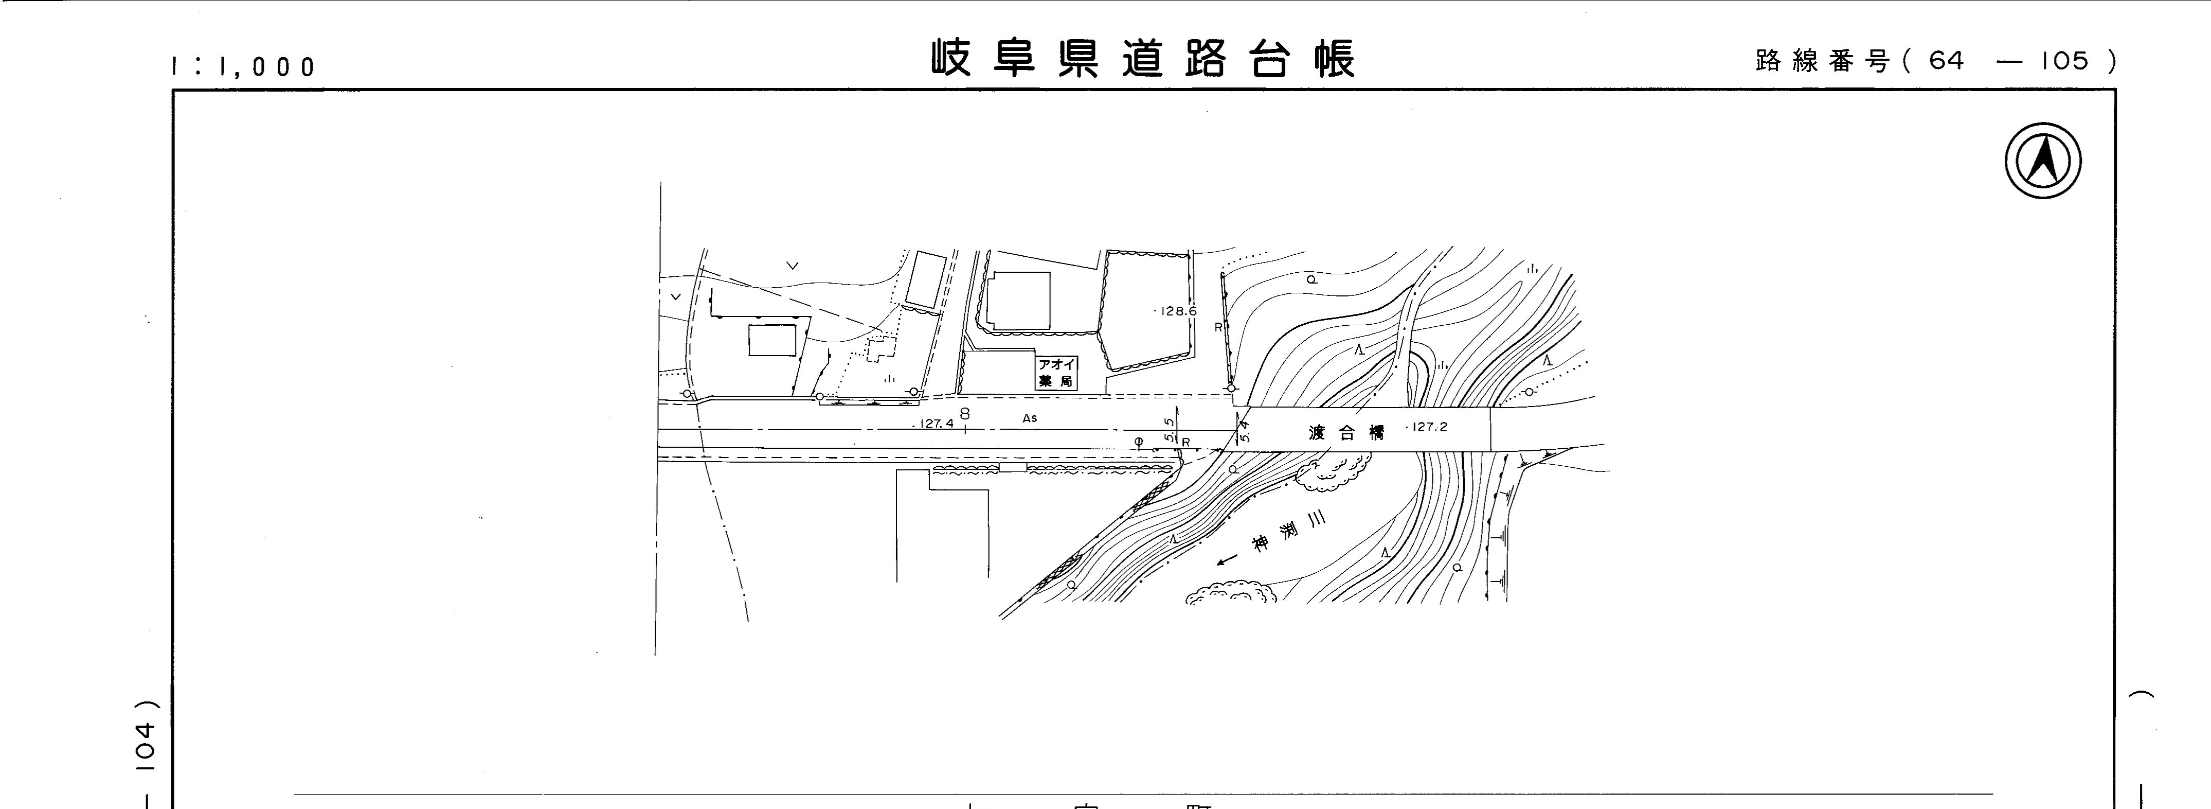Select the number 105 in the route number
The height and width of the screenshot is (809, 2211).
(x=2064, y=61)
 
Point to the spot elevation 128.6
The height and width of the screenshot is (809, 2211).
(x=1178, y=311)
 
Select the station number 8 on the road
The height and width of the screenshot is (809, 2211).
(x=965, y=413)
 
